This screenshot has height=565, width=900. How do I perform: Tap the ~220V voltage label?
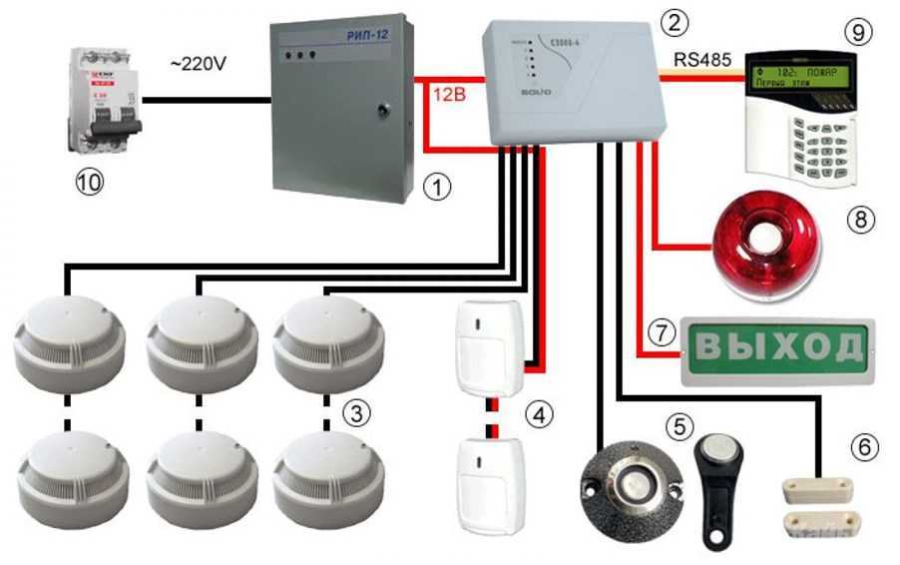pyautogui.click(x=199, y=64)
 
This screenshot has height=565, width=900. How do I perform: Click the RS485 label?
pyautogui.click(x=705, y=61)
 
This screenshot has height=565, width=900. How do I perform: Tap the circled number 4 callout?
pyautogui.click(x=538, y=412)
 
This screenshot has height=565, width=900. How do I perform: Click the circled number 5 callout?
pyautogui.click(x=680, y=426)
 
